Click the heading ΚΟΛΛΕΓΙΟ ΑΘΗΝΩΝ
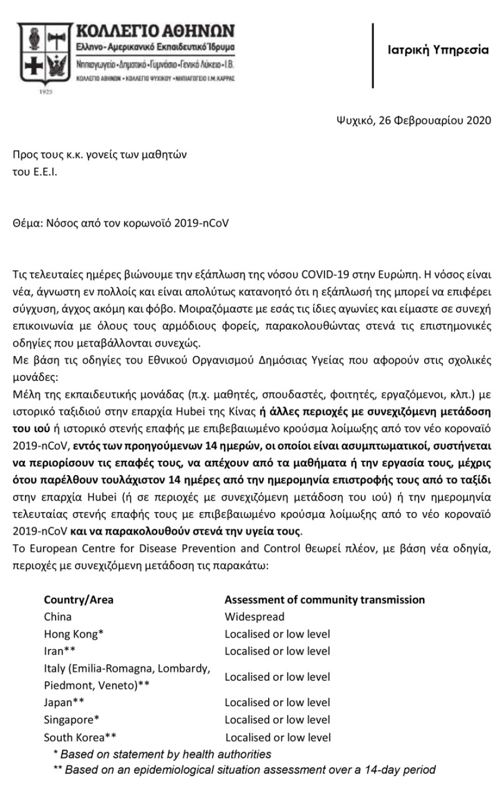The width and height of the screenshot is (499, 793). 155,31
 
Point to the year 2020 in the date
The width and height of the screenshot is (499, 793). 477,120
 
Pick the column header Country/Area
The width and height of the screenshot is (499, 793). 78,599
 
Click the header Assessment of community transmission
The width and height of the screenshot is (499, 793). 324,599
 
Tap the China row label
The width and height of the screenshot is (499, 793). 58,616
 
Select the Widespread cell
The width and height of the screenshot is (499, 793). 254,616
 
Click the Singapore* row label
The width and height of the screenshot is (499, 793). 71,720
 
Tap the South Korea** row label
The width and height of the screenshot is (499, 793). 80,737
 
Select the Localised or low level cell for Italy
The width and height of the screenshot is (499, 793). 277,677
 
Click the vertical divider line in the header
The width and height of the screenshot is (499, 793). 373,55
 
